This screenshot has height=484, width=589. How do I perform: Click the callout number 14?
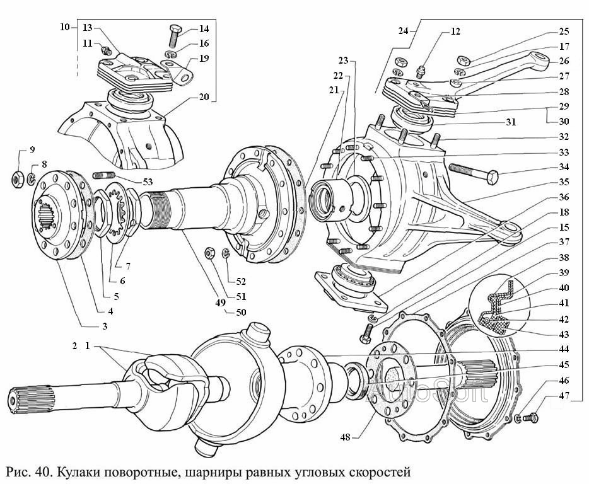[204, 28]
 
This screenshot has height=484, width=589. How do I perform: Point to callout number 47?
[564, 396]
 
